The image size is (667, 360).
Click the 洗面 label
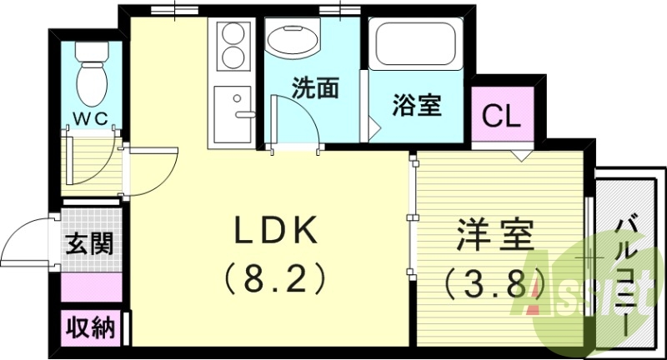314,88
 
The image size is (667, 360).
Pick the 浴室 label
417,107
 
